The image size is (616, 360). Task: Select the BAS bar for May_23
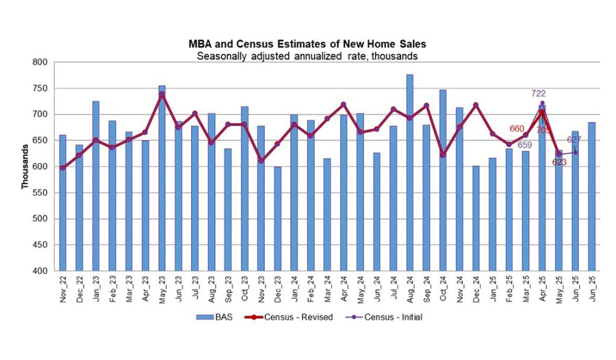[162, 178]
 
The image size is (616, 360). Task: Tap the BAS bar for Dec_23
[277, 218]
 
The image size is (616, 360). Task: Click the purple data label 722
[539, 93]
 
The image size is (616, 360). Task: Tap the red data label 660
[517, 128]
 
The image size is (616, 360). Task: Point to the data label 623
[560, 162]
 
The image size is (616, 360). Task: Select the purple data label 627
[574, 140]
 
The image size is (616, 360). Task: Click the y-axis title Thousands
[25, 167]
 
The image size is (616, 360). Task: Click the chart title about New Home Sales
[307, 44]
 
